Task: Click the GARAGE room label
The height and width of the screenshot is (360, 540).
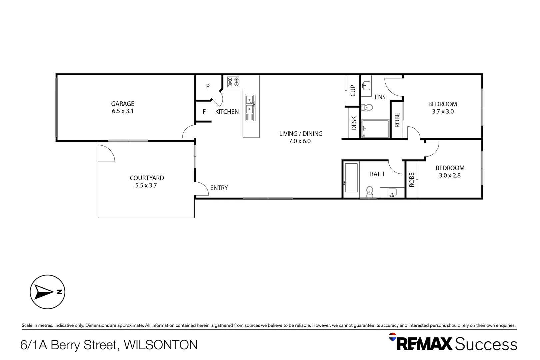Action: click(123, 104)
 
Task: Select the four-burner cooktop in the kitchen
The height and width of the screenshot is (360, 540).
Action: click(233, 82)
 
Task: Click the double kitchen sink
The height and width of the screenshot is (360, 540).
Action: click(250, 104)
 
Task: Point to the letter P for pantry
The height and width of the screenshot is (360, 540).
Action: click(208, 86)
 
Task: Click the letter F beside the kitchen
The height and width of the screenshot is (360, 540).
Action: click(204, 112)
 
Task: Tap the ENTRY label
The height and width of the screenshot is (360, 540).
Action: click(219, 188)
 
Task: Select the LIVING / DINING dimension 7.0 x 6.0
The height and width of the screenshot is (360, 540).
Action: click(300, 141)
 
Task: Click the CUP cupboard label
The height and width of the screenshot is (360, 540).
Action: click(353, 91)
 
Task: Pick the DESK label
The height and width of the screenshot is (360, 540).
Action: click(354, 123)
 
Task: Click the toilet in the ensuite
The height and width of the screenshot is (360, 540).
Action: click(367, 107)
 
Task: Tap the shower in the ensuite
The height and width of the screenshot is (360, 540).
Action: click(376, 129)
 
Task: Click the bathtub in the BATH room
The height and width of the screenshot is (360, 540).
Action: click(351, 178)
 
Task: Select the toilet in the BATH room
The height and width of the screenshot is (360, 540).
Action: click(369, 191)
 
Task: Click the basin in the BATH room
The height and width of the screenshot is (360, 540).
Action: click(392, 192)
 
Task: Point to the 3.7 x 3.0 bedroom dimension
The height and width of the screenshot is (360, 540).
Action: click(443, 112)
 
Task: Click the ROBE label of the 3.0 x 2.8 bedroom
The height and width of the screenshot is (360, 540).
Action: click(411, 180)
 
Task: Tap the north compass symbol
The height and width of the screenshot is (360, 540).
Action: click(47, 292)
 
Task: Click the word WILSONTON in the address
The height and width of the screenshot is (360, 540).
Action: click(161, 345)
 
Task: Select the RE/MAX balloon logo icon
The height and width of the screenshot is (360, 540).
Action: click(392, 337)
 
